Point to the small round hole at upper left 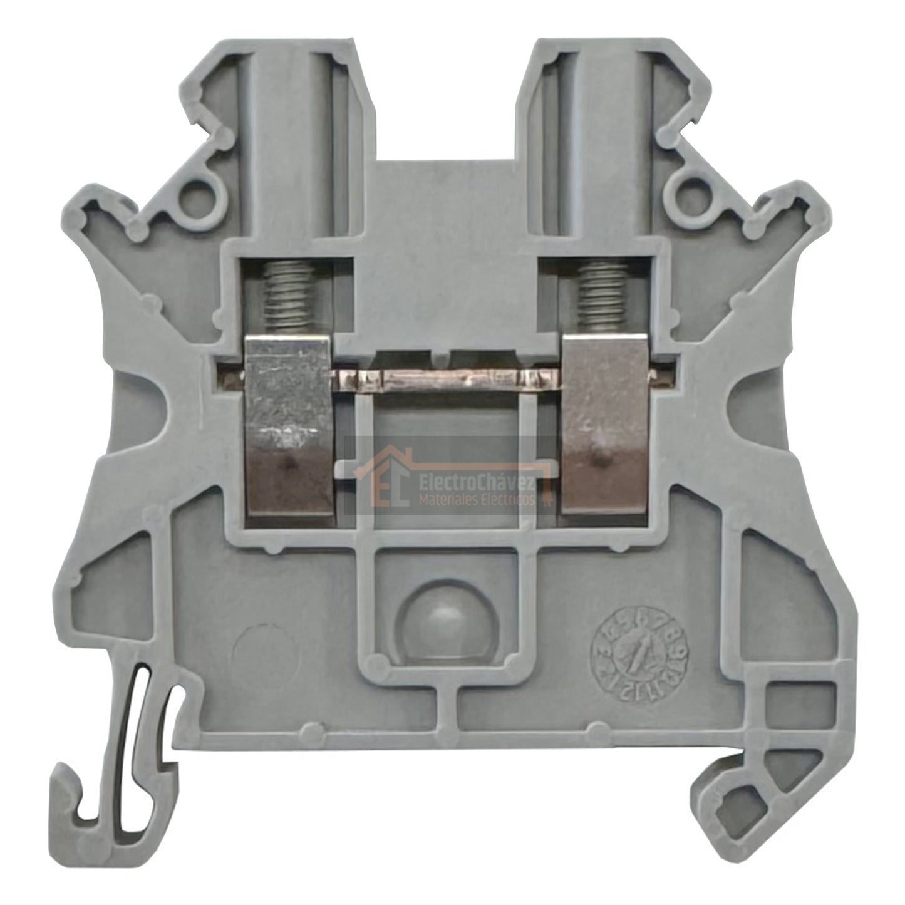pyautogui.click(x=199, y=192)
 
